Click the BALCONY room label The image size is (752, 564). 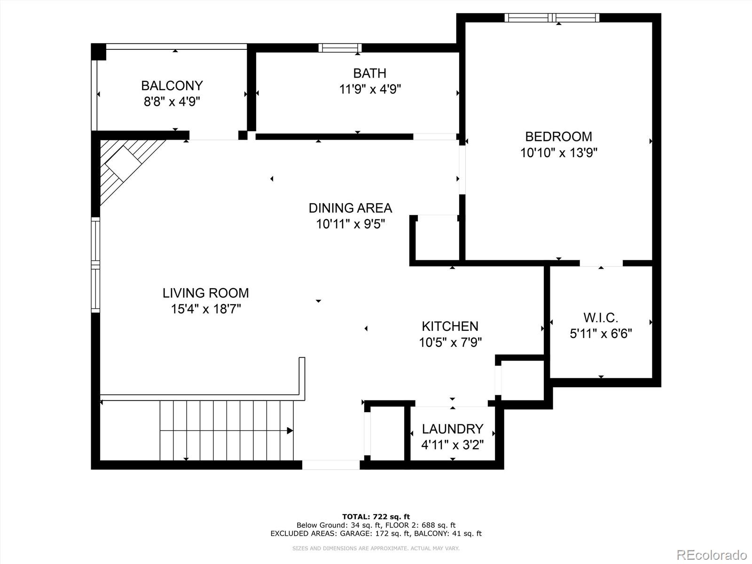click(x=172, y=86)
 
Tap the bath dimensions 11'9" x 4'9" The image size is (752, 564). click(x=370, y=89)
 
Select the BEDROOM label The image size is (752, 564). click(x=558, y=136)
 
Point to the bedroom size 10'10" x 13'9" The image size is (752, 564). click(x=558, y=152)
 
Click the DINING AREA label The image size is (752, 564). click(x=350, y=208)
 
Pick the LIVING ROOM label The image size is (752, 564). click(x=206, y=293)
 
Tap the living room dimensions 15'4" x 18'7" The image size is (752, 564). click(x=206, y=309)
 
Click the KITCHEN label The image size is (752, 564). click(x=450, y=326)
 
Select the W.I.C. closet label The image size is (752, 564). click(x=601, y=318)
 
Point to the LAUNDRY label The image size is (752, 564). click(x=452, y=429)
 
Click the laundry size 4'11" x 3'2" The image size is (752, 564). click(x=452, y=444)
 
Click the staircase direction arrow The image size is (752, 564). click(x=290, y=431)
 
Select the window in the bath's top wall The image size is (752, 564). click(x=340, y=47)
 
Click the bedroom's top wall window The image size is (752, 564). click(x=552, y=18)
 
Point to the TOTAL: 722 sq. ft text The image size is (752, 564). click(x=376, y=517)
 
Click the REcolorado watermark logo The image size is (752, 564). click(x=712, y=555)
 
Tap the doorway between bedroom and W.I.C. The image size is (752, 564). click(x=601, y=263)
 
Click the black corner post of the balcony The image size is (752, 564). click(x=99, y=52)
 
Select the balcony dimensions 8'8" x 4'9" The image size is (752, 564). click(x=172, y=102)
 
